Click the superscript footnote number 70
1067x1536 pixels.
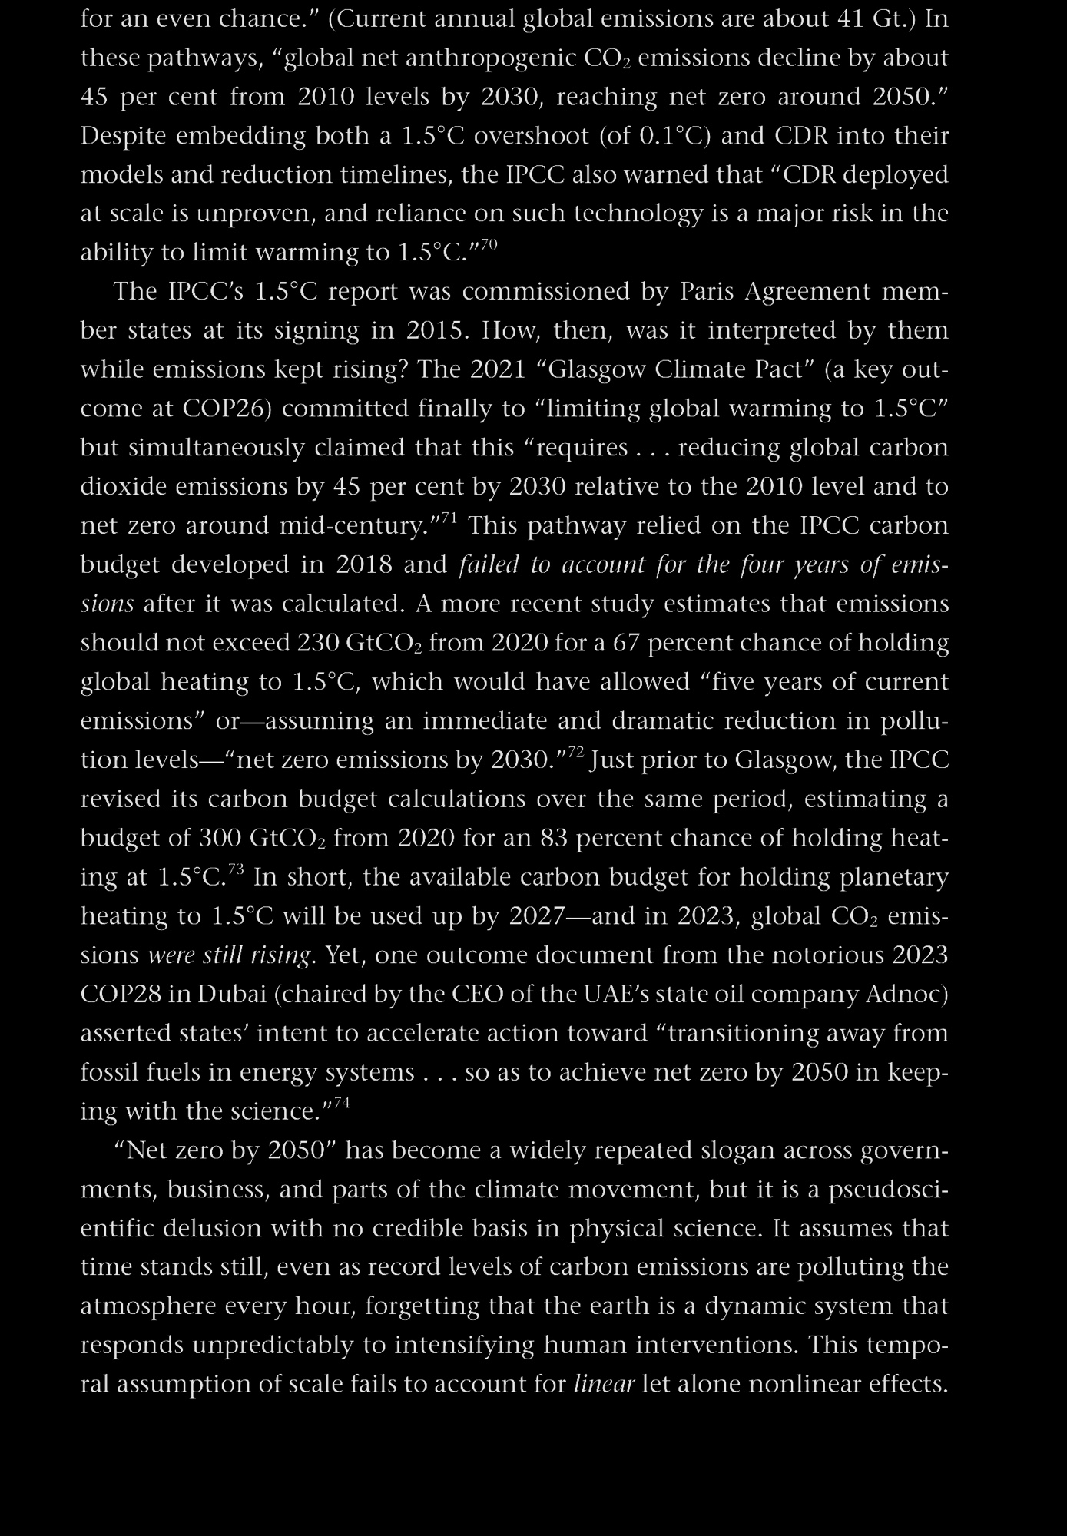pos(489,244)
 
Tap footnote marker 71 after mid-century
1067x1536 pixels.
pos(449,518)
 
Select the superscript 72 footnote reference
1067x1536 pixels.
pos(576,752)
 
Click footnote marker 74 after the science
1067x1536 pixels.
pos(342,1104)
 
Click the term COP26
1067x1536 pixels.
pos(227,409)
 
